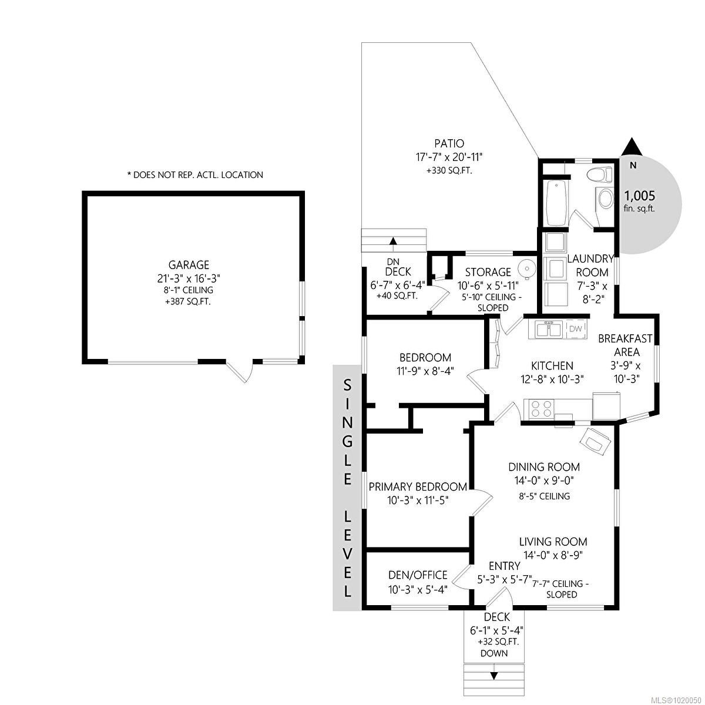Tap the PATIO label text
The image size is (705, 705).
449,143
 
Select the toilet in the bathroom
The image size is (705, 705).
600,174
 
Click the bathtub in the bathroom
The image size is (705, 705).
556,203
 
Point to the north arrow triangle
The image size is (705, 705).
632,147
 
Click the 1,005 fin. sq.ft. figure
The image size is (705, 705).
639,196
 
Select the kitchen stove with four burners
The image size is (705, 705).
541,408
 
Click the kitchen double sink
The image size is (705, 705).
547,330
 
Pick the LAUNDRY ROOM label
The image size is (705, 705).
591,265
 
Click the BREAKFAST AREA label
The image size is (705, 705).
619,345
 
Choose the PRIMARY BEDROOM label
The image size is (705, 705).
418,486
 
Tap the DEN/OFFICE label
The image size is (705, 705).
418,575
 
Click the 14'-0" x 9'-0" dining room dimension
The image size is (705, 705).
544,481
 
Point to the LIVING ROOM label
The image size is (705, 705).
553,542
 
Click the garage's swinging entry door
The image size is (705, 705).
241,371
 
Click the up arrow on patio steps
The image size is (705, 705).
392,240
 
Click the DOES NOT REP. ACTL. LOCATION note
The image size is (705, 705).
195,174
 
